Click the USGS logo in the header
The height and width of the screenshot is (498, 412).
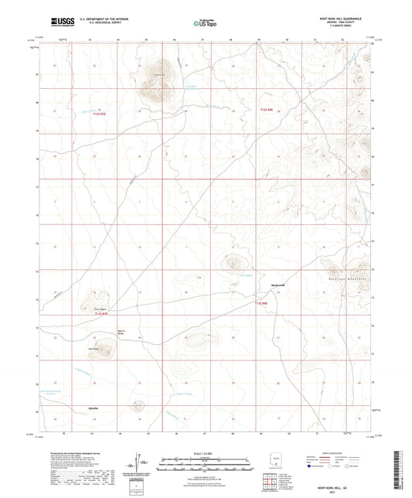coord(60,22)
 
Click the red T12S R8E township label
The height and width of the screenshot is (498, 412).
coord(266,113)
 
